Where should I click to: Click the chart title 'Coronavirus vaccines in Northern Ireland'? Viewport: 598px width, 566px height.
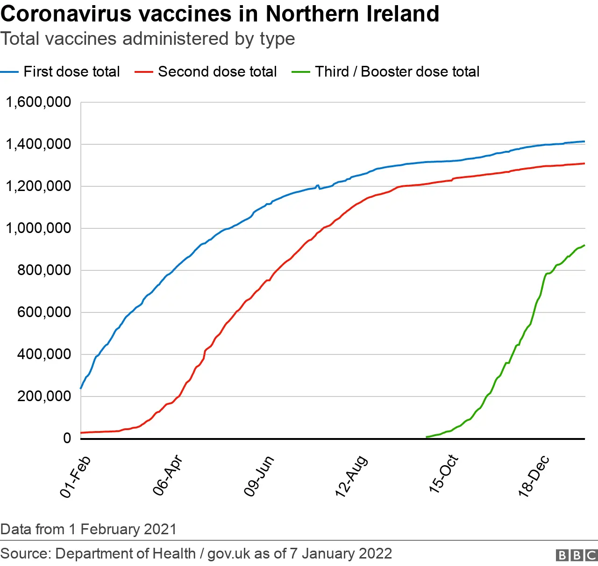220,14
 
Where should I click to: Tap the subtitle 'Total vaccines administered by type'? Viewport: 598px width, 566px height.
148,39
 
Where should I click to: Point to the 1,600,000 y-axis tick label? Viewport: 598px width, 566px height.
38,102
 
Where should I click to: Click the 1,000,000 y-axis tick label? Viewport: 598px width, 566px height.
38,228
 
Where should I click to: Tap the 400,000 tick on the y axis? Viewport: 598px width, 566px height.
44,354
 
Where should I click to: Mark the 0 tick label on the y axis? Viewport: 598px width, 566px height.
67,438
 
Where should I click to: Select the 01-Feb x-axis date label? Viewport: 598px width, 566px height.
75,477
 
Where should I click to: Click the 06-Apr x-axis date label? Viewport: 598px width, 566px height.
167,475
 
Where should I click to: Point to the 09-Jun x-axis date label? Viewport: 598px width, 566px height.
258,476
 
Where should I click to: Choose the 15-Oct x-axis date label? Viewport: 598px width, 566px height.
443,474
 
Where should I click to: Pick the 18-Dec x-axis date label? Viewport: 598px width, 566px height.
534,476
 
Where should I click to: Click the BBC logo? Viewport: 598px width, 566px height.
577,555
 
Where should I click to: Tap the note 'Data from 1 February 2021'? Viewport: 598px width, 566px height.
88,529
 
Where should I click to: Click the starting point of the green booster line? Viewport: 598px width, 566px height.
427,437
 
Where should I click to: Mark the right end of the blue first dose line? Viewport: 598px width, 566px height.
584,141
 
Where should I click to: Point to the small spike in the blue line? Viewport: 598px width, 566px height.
318,185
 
